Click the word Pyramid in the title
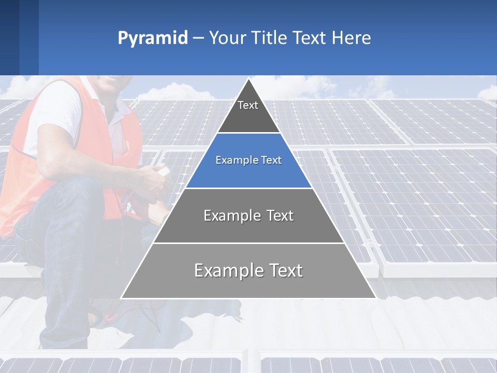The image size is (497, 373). (x=153, y=38)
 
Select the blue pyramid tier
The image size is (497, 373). (x=248, y=161)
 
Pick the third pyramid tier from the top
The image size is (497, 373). (x=248, y=216)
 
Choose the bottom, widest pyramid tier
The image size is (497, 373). (x=248, y=270)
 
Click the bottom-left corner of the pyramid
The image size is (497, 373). (x=122, y=298)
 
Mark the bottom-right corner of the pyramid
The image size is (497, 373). (x=375, y=298)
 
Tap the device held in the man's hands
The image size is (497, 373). (x=163, y=171)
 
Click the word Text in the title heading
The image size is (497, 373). (x=309, y=38)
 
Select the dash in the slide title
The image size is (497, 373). (x=198, y=38)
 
